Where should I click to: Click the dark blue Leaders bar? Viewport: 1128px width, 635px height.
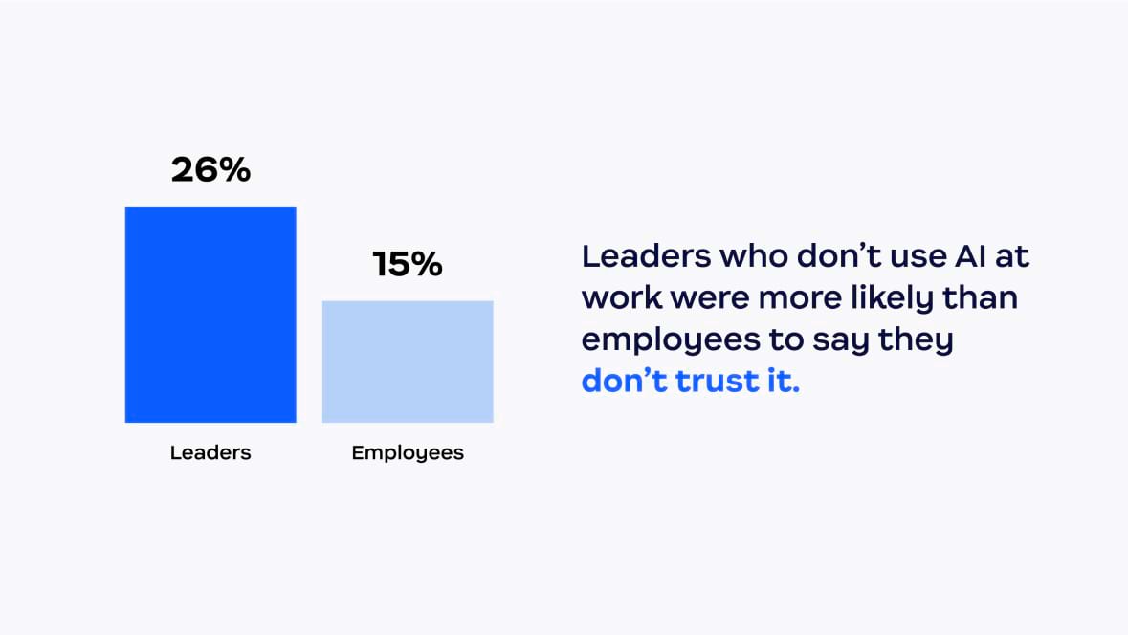coord(210,314)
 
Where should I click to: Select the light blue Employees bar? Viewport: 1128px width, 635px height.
coord(408,361)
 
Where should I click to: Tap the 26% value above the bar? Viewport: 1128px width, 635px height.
coord(210,170)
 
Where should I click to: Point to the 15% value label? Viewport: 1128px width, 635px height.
coord(408,265)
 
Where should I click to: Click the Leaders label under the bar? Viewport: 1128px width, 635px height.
coord(210,452)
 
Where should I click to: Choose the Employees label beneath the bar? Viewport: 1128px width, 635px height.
coord(408,452)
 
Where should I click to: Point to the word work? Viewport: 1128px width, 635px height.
coord(622,298)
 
